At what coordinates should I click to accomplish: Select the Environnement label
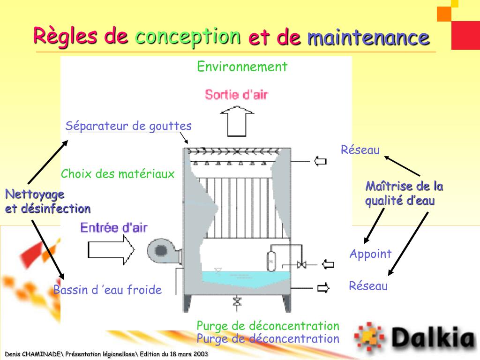(x=242, y=67)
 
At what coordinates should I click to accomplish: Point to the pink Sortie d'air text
(x=236, y=94)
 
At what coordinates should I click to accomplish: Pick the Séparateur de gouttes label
(x=128, y=126)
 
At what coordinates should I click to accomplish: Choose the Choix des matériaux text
(x=118, y=174)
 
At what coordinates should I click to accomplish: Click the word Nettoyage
(x=35, y=194)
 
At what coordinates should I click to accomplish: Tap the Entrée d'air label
(x=114, y=228)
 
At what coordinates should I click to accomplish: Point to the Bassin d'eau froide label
(x=107, y=290)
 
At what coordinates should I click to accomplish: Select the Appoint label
(x=370, y=254)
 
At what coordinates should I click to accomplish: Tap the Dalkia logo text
(x=433, y=336)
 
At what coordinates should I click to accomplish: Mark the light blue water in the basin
(x=244, y=277)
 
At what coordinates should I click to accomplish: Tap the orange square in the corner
(x=444, y=14)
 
